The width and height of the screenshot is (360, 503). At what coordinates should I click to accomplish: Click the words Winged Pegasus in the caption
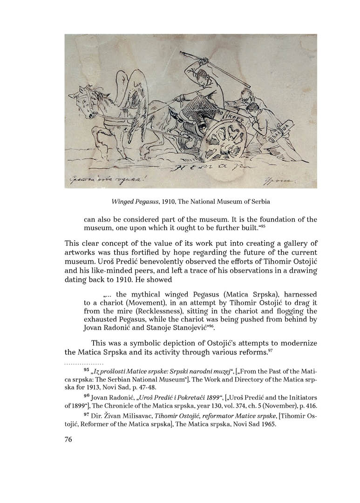131,202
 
